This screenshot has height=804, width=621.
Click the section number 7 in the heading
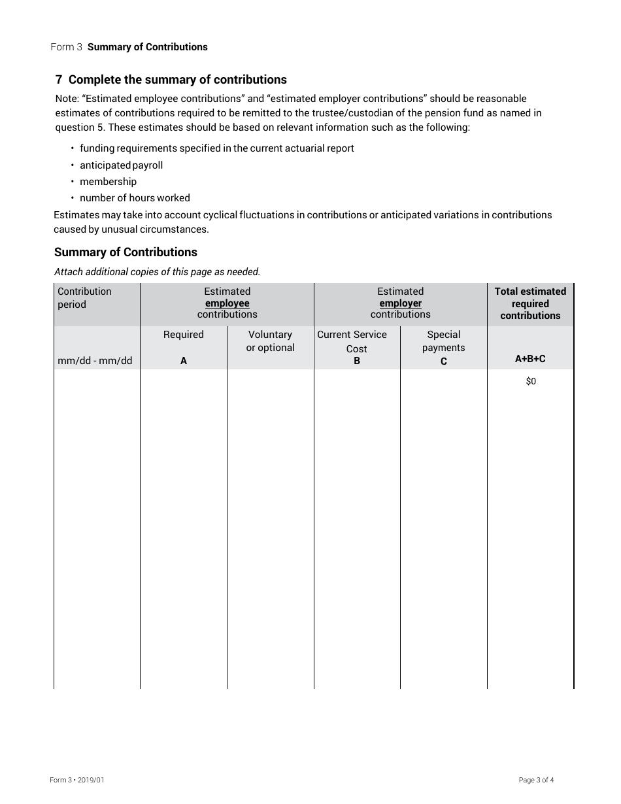(59, 80)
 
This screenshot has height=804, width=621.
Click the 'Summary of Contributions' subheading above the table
(126, 252)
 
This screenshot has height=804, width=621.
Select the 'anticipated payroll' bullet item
(121, 165)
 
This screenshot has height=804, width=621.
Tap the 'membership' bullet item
(108, 182)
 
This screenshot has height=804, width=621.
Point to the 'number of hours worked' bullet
(135, 198)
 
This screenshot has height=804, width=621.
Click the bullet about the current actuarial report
(216, 148)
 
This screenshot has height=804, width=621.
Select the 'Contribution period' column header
(84, 297)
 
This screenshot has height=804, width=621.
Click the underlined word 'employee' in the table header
(227, 303)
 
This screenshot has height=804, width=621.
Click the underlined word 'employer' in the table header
(400, 303)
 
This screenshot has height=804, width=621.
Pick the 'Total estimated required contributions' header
(530, 303)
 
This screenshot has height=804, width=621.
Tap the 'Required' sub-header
(183, 335)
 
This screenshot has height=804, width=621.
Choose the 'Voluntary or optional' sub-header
(270, 341)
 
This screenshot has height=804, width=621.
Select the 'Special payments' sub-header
(443, 341)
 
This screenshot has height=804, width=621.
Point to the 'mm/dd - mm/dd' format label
(95, 361)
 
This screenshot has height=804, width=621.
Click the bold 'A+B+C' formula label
(530, 359)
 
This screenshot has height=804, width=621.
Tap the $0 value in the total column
(530, 381)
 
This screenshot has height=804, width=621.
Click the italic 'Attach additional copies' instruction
(157, 272)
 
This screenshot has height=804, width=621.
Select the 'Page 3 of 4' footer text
(536, 780)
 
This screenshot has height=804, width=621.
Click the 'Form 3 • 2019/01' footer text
(77, 780)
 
